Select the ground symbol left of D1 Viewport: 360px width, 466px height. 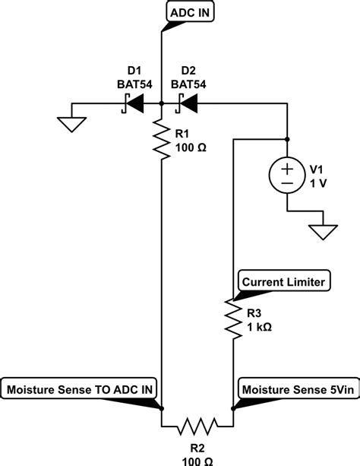[x=70, y=123]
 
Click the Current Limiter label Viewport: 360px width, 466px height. [x=283, y=282]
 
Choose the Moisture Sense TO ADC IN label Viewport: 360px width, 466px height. [x=81, y=390]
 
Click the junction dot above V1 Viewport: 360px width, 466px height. [x=287, y=139]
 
